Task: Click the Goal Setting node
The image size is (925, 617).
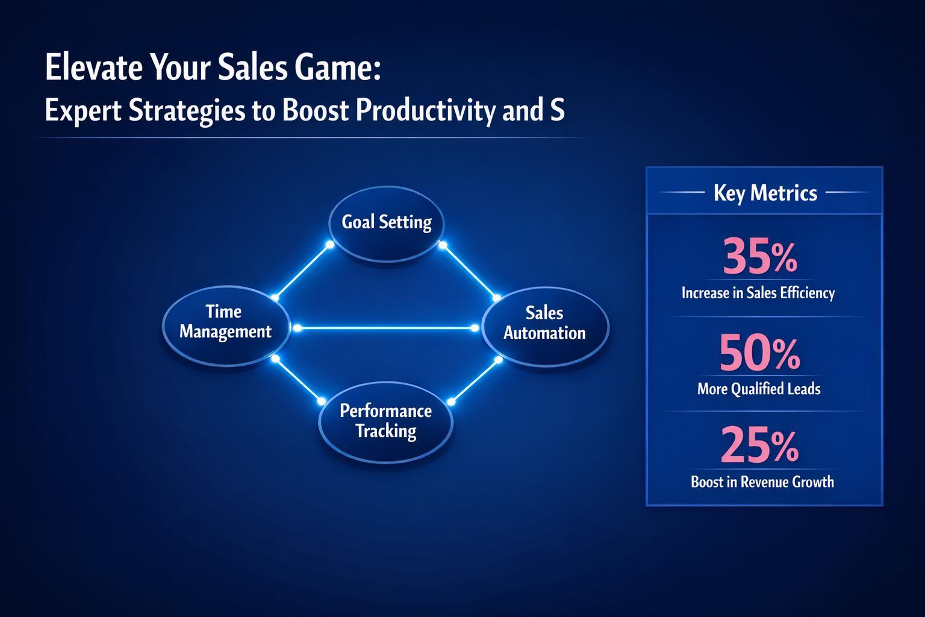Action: [x=386, y=223]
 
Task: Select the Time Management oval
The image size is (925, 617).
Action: [x=225, y=325]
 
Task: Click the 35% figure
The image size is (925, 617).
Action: [x=760, y=257]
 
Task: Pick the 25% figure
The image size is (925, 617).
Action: [x=760, y=446]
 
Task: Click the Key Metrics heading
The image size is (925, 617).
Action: [x=765, y=193]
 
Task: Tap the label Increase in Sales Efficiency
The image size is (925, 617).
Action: [x=758, y=293]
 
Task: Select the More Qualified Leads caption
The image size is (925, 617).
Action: [x=759, y=389]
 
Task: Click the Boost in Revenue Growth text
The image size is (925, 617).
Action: [x=762, y=481]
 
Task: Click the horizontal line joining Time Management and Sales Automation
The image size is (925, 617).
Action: [x=385, y=328]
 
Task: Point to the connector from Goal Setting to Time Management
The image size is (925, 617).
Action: [x=302, y=271]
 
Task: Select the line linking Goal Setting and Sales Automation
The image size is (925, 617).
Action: [x=470, y=272]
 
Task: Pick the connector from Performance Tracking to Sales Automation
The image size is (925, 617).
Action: [x=475, y=381]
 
